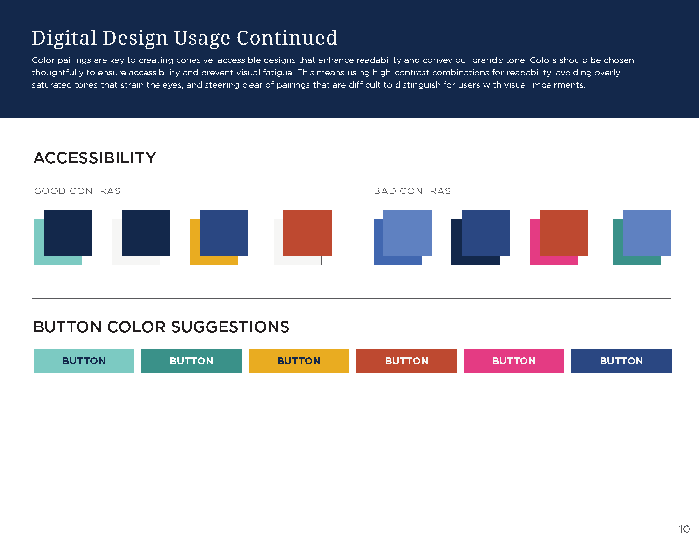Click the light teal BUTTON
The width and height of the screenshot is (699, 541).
[x=84, y=361]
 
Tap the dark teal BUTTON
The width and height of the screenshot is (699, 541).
[x=191, y=361]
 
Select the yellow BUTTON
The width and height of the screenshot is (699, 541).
[x=299, y=361]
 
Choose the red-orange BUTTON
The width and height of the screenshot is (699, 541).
[x=406, y=361]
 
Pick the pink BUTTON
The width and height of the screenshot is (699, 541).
[x=514, y=361]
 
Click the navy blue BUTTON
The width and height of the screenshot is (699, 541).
[x=621, y=361]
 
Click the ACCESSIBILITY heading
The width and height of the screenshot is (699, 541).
[x=95, y=158]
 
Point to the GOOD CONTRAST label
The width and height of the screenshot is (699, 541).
[x=80, y=191]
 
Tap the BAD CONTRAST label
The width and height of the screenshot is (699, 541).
[x=415, y=191]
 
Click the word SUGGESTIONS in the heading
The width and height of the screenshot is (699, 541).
[x=230, y=327]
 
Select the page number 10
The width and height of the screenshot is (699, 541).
[x=684, y=529]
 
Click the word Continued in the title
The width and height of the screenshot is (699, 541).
[x=287, y=38]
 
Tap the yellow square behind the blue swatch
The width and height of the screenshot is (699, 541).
[x=194, y=250]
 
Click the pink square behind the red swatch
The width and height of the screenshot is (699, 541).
[x=534, y=250]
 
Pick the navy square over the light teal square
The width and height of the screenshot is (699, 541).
[x=68, y=233]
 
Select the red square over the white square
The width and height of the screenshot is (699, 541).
[x=307, y=233]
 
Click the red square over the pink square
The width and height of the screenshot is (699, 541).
[x=563, y=233]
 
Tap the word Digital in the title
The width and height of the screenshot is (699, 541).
[x=64, y=38]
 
